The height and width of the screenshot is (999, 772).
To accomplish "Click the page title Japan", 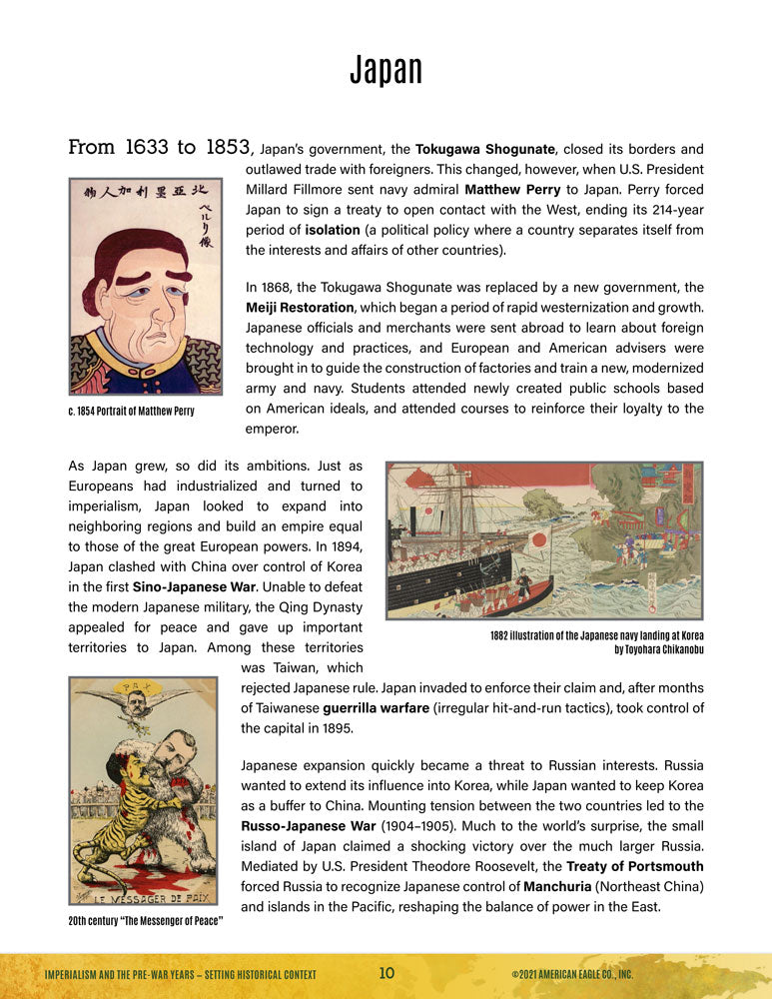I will click(386, 70).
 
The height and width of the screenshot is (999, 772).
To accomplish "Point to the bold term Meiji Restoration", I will click(300, 307).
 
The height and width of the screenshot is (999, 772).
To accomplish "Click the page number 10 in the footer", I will click(387, 973).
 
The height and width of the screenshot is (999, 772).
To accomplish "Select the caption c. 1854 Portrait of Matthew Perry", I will click(131, 412).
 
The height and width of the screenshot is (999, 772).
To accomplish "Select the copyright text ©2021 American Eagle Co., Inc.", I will click(572, 974).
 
